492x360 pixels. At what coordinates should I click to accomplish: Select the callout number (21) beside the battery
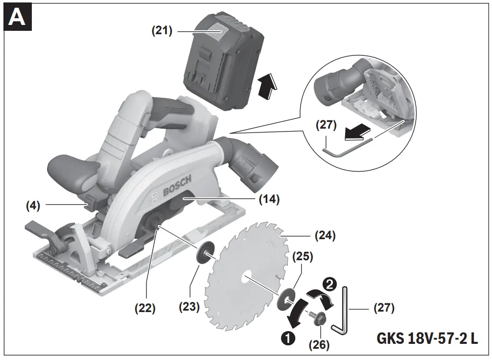click(x=161, y=31)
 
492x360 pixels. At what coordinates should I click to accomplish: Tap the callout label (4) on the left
click(x=33, y=205)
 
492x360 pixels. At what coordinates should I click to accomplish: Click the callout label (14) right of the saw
click(x=269, y=199)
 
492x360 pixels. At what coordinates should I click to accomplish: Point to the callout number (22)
click(x=145, y=309)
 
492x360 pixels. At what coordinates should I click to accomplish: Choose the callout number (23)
click(x=189, y=307)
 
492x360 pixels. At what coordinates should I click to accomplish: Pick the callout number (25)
click(x=303, y=256)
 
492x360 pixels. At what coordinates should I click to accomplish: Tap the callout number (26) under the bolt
click(x=319, y=344)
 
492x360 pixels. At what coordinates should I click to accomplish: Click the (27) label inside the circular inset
click(x=327, y=126)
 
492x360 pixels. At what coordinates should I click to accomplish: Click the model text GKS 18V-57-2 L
click(x=427, y=339)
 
